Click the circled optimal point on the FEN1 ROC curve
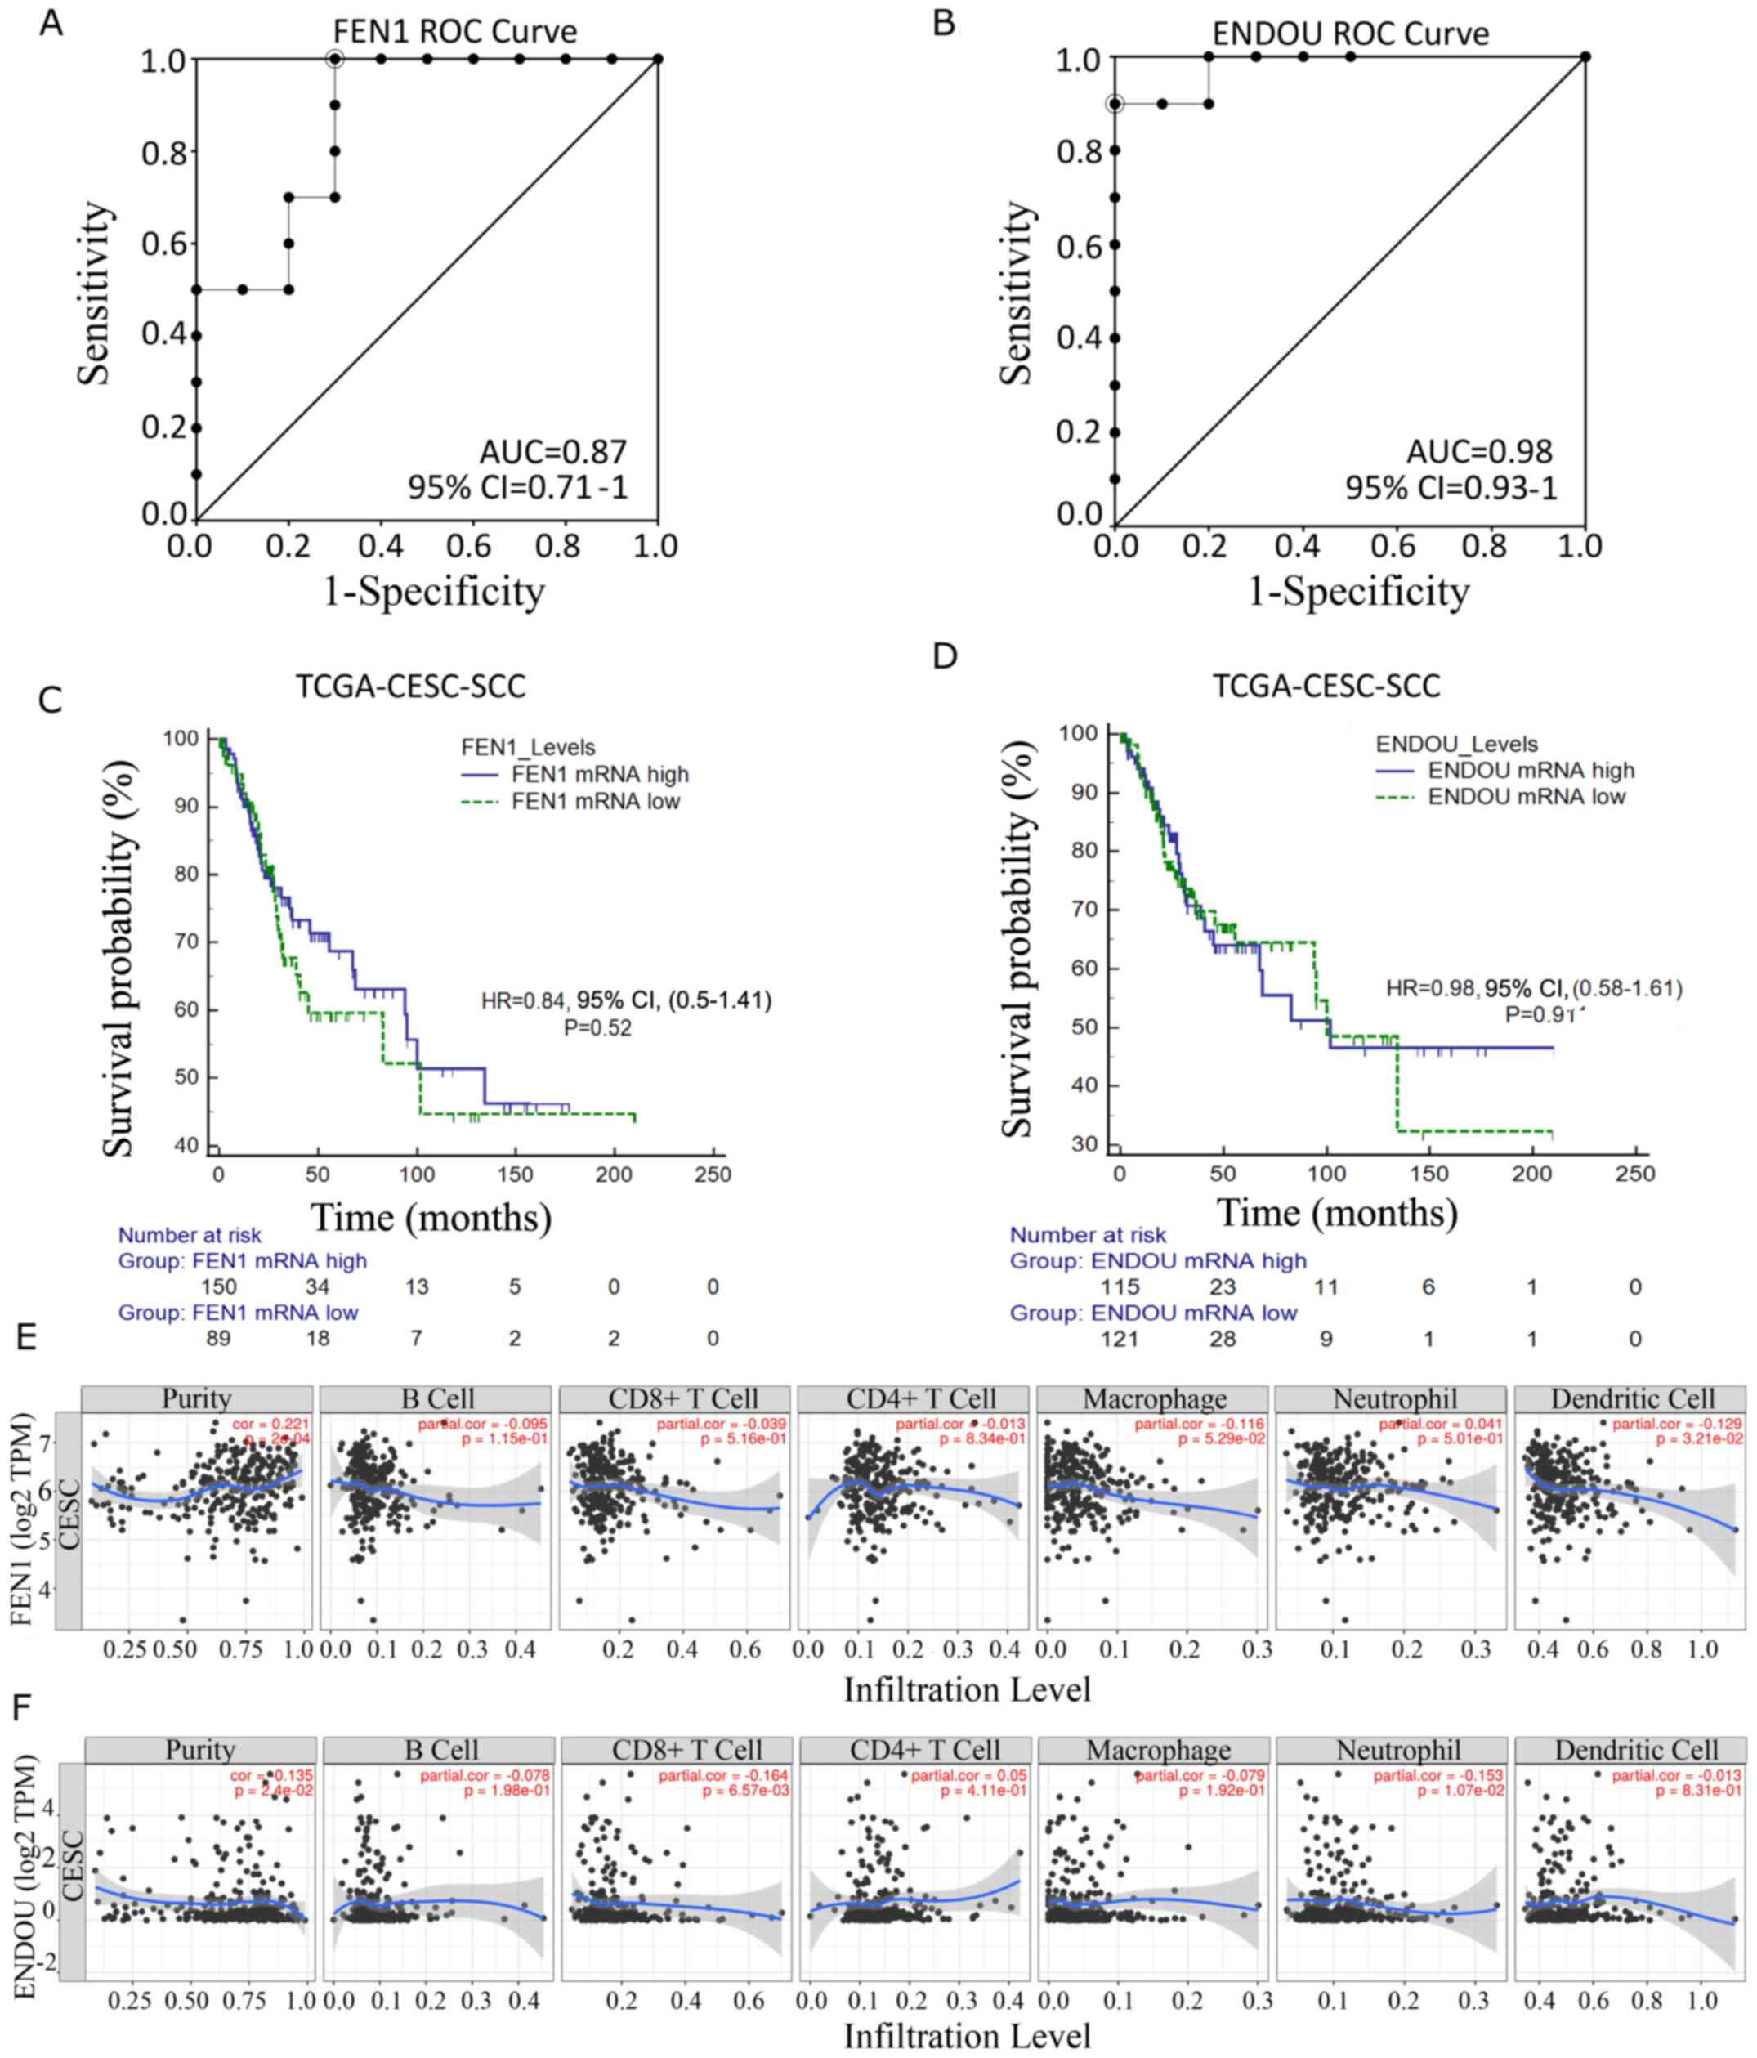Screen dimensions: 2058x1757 pos(335,60)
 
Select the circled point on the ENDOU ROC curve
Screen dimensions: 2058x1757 pos(1115,103)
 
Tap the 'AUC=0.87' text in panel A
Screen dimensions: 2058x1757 pos(553,452)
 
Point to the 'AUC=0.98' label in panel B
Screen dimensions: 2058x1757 pos(1479,452)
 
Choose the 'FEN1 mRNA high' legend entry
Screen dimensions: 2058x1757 pos(600,775)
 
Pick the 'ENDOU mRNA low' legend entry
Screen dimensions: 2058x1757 pos(1526,797)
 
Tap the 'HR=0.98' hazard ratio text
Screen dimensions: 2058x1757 pos(1431,988)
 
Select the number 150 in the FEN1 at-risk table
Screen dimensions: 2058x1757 pos(218,1287)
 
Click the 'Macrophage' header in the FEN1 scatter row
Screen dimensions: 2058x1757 pos(1154,1399)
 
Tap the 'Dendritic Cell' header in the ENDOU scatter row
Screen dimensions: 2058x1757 pos(1636,1750)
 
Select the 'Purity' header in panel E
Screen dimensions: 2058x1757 pos(197,1399)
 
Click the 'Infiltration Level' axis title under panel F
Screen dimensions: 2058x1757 pos(967,2035)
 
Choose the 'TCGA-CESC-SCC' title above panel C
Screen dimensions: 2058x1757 pos(410,687)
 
